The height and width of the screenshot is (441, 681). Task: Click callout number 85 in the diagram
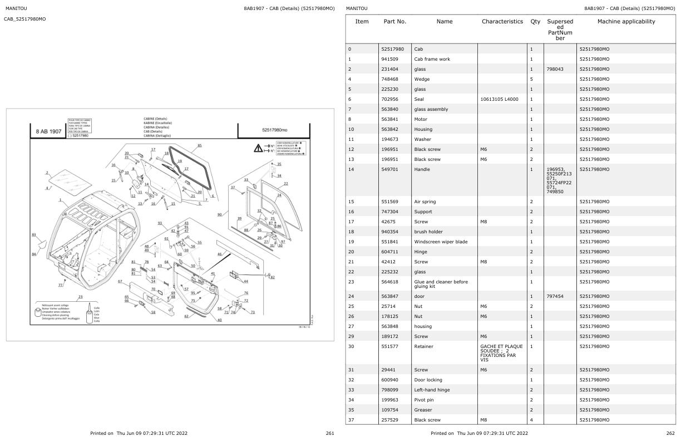[x=200, y=146]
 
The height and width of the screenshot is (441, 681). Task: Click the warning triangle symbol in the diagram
[x=258, y=148]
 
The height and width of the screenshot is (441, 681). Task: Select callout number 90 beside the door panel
[x=219, y=214]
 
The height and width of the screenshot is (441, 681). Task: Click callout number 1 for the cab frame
[x=60, y=199]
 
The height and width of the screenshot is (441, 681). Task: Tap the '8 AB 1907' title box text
[x=48, y=131]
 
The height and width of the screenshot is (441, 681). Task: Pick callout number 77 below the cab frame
[x=60, y=285]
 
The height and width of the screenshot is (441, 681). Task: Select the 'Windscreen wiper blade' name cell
[x=441, y=242]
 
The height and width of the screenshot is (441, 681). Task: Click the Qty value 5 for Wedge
[x=531, y=79]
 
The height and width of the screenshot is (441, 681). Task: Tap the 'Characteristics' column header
[x=502, y=22]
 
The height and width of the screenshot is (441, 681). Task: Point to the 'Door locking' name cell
[x=428, y=380]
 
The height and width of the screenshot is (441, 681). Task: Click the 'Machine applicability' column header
[x=626, y=22]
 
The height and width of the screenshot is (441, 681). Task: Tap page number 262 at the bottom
[x=670, y=433]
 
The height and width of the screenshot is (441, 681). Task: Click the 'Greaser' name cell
[x=423, y=410]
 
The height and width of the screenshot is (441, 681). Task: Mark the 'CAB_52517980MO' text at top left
[x=25, y=19]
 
